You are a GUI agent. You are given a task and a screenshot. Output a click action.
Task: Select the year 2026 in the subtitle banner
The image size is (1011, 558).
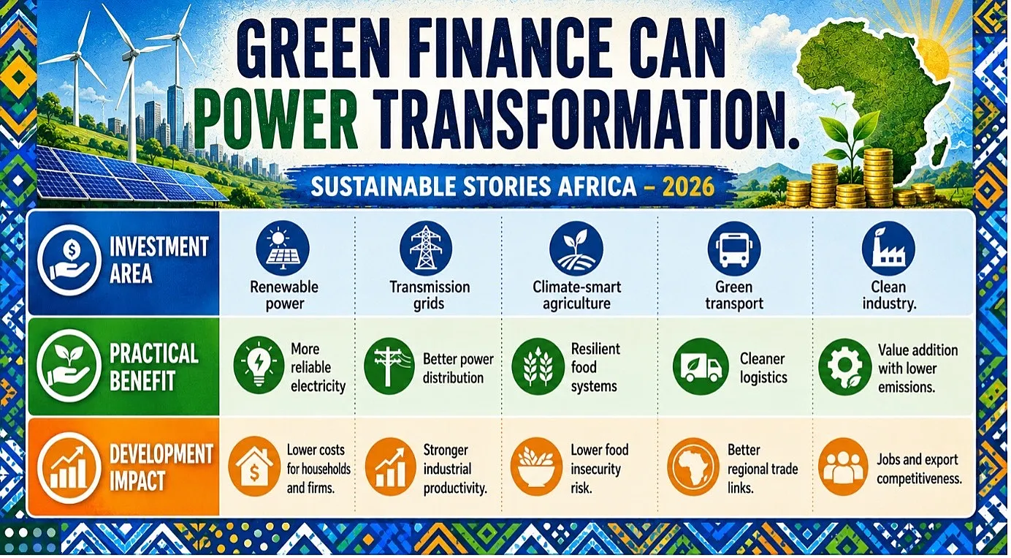coord(688,186)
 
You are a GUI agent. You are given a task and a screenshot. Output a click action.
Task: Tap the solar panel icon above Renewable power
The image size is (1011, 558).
coord(283,248)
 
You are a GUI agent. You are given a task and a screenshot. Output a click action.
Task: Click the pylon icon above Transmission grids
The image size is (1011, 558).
coord(426,248)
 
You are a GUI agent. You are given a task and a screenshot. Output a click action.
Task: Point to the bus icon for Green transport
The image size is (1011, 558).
coord(734,248)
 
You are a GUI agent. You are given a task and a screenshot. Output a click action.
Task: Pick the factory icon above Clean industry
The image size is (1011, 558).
coord(888,248)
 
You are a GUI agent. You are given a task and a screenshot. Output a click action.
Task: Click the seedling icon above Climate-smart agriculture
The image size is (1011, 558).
coord(576,248)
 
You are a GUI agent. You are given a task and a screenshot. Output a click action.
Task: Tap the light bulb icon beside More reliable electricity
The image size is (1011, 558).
coord(259,365)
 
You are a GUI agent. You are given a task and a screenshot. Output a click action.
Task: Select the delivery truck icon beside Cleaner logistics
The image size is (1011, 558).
coord(701,366)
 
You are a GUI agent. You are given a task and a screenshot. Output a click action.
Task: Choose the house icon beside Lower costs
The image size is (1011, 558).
coord(254,467)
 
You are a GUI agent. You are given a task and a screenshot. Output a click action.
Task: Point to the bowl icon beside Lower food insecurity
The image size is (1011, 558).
coord(537,467)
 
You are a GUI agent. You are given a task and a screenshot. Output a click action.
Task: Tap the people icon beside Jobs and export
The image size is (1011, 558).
coord(843,467)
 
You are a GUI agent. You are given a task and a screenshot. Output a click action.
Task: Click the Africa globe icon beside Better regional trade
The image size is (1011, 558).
coord(693,467)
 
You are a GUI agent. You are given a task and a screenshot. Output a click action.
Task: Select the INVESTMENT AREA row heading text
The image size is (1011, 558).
coord(159,260)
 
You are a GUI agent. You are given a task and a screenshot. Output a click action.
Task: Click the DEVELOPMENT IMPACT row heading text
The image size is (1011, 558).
coord(161,467)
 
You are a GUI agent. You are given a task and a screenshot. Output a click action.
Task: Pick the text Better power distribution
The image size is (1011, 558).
coord(458,369)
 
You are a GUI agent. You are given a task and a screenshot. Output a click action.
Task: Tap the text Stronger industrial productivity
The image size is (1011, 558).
coord(455,469)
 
